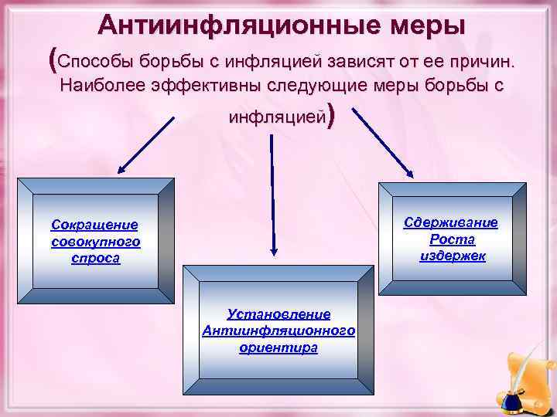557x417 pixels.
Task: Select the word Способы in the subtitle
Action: tap(98, 60)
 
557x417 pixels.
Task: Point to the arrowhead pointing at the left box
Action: tap(122, 170)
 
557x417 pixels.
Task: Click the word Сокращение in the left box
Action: tap(94, 225)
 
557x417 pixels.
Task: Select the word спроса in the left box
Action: tap(94, 258)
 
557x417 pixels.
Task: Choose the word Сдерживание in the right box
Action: tap(452, 222)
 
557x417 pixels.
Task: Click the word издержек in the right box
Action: tap(453, 256)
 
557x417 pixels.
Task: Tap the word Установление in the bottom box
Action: tap(278, 314)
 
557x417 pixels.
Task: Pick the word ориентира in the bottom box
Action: tap(278, 347)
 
